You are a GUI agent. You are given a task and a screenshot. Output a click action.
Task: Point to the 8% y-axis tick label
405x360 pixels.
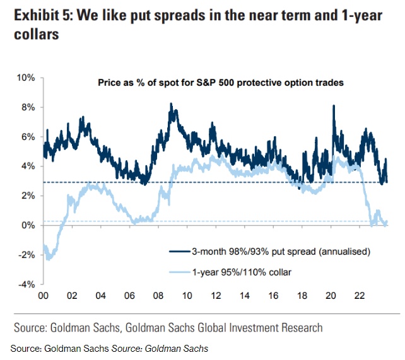(26, 107)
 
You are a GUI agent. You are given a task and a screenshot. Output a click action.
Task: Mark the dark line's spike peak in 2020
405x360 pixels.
(332, 106)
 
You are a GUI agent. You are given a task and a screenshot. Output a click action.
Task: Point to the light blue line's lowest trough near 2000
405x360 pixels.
(48, 258)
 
